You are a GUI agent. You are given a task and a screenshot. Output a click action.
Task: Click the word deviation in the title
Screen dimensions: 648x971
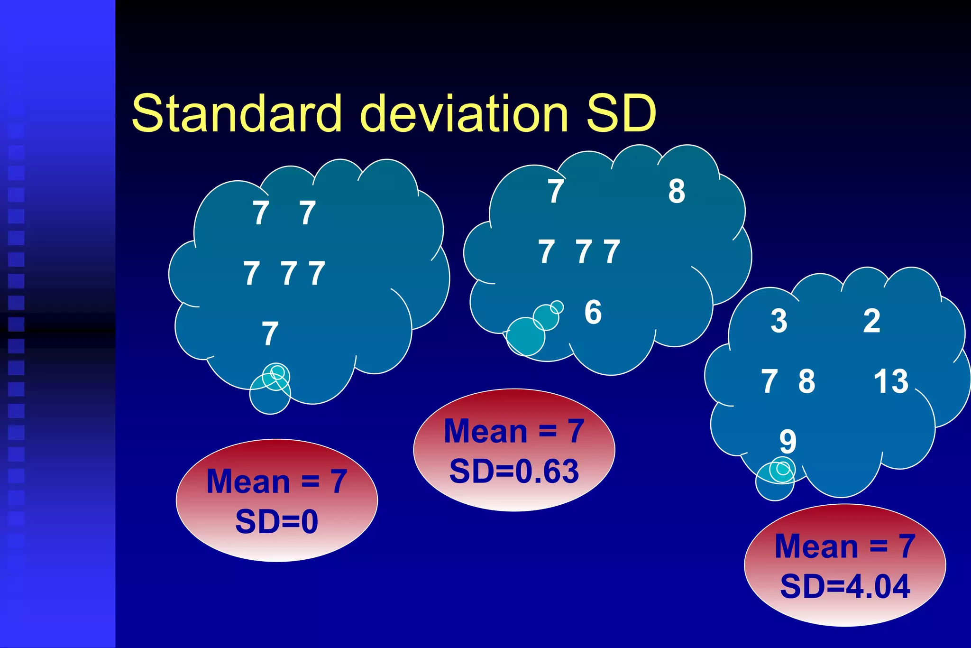(x=464, y=113)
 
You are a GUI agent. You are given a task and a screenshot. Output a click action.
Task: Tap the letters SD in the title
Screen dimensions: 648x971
(x=621, y=113)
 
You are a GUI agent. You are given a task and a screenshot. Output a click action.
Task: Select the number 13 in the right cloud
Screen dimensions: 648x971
(x=891, y=381)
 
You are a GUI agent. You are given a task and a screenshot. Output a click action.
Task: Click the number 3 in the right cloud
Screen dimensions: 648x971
(x=779, y=321)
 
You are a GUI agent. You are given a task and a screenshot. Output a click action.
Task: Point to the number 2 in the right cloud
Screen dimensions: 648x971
(x=871, y=321)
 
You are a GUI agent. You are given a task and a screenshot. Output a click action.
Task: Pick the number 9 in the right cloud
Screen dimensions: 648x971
(x=788, y=442)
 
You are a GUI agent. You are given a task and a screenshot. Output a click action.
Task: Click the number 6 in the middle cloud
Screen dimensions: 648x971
(x=593, y=312)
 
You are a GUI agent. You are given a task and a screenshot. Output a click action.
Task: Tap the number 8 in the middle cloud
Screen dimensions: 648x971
(x=677, y=191)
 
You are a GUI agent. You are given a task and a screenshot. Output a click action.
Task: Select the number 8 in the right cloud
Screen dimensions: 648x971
(x=806, y=381)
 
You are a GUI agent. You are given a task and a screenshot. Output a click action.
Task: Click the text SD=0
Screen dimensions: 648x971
(x=276, y=522)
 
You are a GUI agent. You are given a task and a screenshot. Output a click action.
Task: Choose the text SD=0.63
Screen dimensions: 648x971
(x=514, y=472)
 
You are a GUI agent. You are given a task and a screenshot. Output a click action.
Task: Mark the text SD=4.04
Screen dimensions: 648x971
(x=845, y=587)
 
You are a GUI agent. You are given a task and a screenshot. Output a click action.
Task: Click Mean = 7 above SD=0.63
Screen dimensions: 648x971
(x=514, y=431)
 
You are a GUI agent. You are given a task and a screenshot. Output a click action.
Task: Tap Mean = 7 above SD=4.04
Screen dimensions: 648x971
(x=845, y=546)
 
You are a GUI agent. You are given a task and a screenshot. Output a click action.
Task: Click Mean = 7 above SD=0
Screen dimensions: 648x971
(x=277, y=481)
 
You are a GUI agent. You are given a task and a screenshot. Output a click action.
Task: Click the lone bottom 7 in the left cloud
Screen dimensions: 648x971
(x=270, y=334)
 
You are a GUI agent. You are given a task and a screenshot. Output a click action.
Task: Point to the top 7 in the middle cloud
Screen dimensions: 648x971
(x=556, y=191)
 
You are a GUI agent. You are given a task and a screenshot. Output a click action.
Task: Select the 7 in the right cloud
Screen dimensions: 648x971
(x=769, y=381)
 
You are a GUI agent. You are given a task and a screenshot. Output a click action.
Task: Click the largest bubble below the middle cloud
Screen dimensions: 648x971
(x=525, y=336)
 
